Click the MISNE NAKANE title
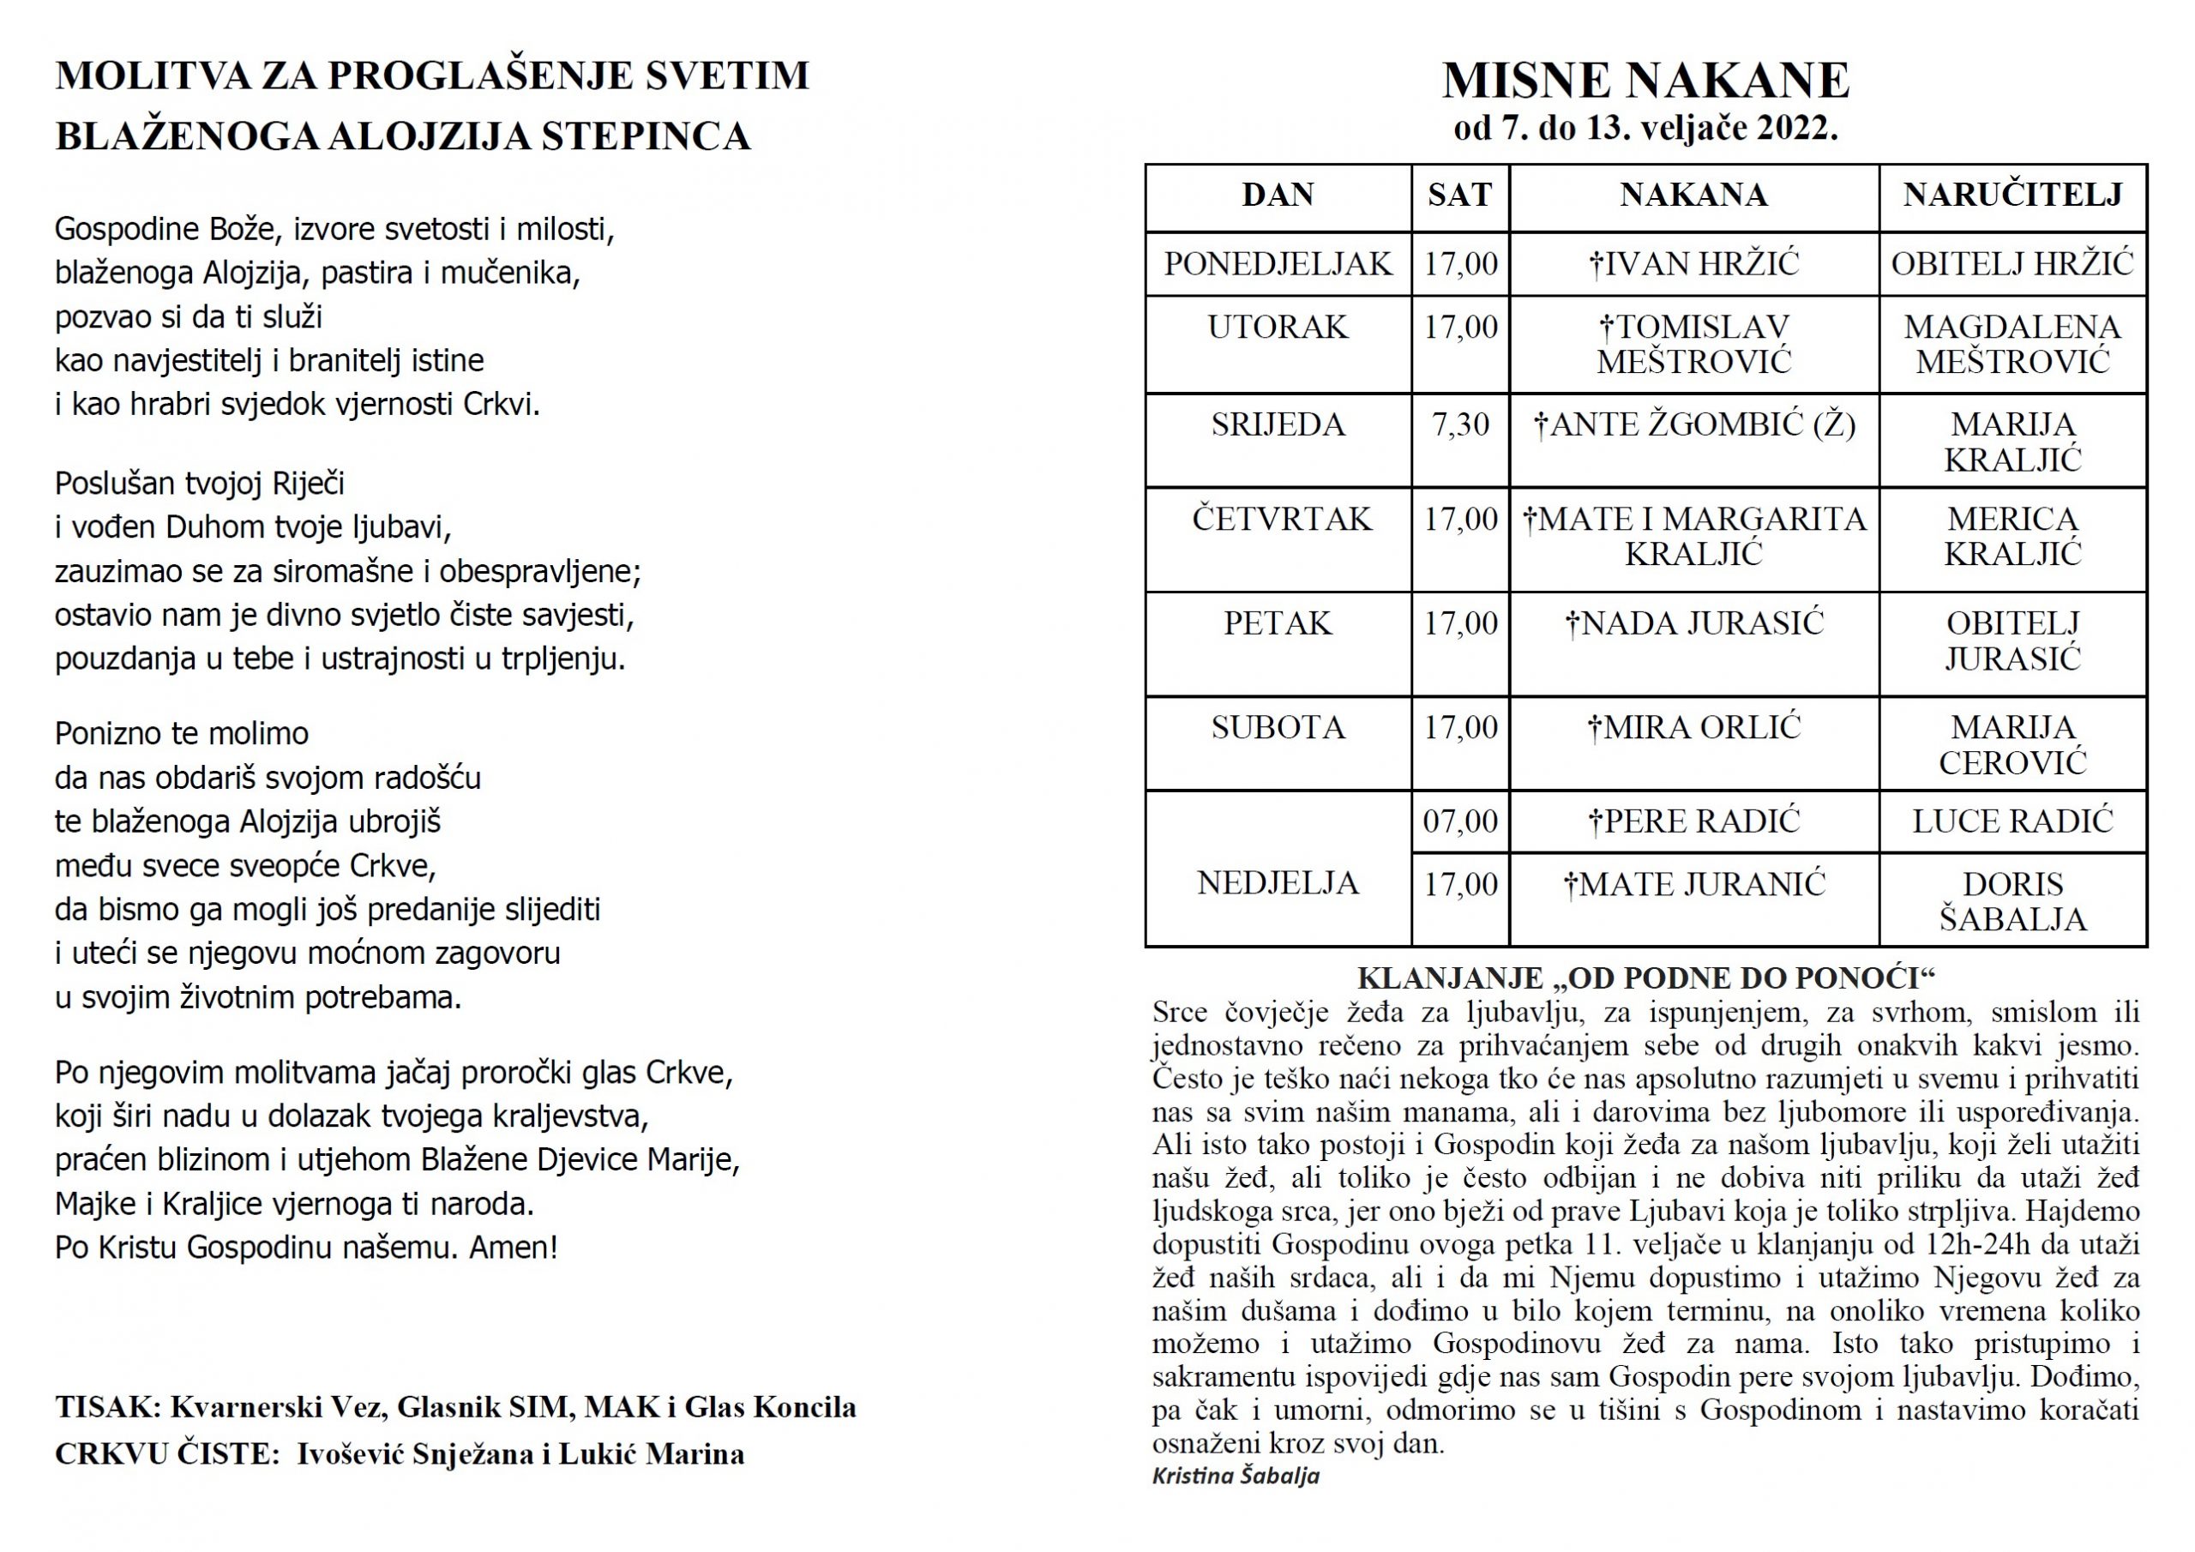pos(1645,81)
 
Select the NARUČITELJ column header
pos(2012,196)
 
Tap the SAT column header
pos(1460,196)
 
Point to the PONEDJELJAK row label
pos(1278,264)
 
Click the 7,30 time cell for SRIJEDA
pos(1460,424)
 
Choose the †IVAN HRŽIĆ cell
pos(1693,264)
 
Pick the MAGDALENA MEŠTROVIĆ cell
pos(2012,344)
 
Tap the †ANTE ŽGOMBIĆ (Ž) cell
pos(1693,424)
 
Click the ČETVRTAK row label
pos(1281,520)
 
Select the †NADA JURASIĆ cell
pos(1693,623)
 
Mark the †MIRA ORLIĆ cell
pos(1693,728)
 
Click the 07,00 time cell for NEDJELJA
pos(1460,821)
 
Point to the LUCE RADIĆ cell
pos(2012,821)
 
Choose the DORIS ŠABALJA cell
pos(2012,901)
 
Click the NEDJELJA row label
pos(1278,882)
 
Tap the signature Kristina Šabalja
pos(1236,1476)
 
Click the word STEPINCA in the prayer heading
pos(646,136)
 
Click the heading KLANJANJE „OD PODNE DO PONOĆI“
pos(1645,978)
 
